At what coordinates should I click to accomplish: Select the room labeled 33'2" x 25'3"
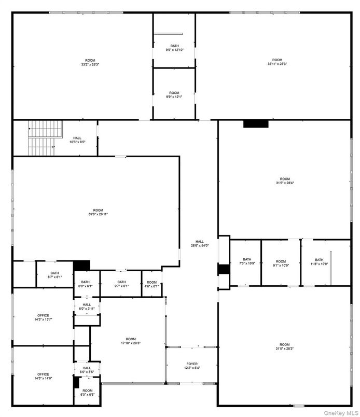pyautogui.click(x=90, y=62)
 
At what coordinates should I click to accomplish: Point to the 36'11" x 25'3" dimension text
pyautogui.click(x=277, y=64)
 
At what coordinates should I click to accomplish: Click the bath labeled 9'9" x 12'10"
pyautogui.click(x=174, y=48)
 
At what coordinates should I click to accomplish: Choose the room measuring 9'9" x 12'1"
pyautogui.click(x=174, y=94)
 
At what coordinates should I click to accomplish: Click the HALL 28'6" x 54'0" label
pyautogui.click(x=200, y=243)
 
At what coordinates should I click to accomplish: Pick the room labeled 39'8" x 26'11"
pyautogui.click(x=98, y=212)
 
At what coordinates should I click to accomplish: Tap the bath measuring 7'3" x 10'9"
pyautogui.click(x=247, y=261)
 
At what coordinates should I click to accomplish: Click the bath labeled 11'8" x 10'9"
pyautogui.click(x=319, y=262)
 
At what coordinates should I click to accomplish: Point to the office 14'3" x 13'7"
pyautogui.click(x=43, y=317)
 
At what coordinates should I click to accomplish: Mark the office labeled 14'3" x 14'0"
pyautogui.click(x=43, y=376)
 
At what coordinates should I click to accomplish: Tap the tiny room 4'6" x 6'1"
pyautogui.click(x=151, y=284)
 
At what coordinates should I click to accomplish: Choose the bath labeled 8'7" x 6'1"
pyautogui.click(x=54, y=275)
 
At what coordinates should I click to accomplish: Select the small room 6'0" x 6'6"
pyautogui.click(x=87, y=393)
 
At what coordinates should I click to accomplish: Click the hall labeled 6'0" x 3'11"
pyautogui.click(x=87, y=307)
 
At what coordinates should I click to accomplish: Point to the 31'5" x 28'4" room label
pyautogui.click(x=284, y=180)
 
